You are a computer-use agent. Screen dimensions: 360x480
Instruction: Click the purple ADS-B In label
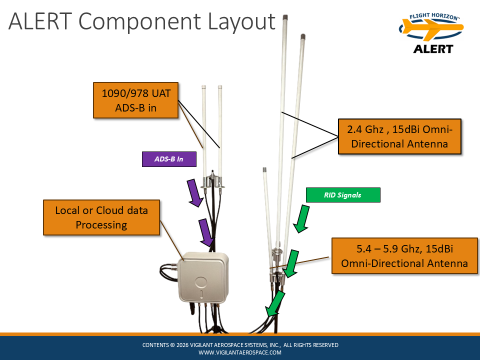(x=169, y=159)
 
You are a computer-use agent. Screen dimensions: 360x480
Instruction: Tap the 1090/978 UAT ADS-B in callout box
(x=136, y=100)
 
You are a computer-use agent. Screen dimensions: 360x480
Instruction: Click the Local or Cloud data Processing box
(x=101, y=217)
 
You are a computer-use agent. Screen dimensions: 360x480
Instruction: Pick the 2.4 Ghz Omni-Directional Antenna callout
(x=399, y=136)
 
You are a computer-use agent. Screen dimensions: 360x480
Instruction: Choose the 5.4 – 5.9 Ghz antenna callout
(x=404, y=255)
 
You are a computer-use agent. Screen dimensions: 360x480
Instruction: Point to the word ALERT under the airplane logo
(x=433, y=49)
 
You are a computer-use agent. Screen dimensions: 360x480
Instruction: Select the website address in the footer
(x=240, y=352)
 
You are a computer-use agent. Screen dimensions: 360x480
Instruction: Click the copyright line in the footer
(x=240, y=345)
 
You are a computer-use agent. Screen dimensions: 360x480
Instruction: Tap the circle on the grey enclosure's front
(x=201, y=281)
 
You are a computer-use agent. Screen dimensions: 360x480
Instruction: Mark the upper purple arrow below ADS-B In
(x=195, y=193)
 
